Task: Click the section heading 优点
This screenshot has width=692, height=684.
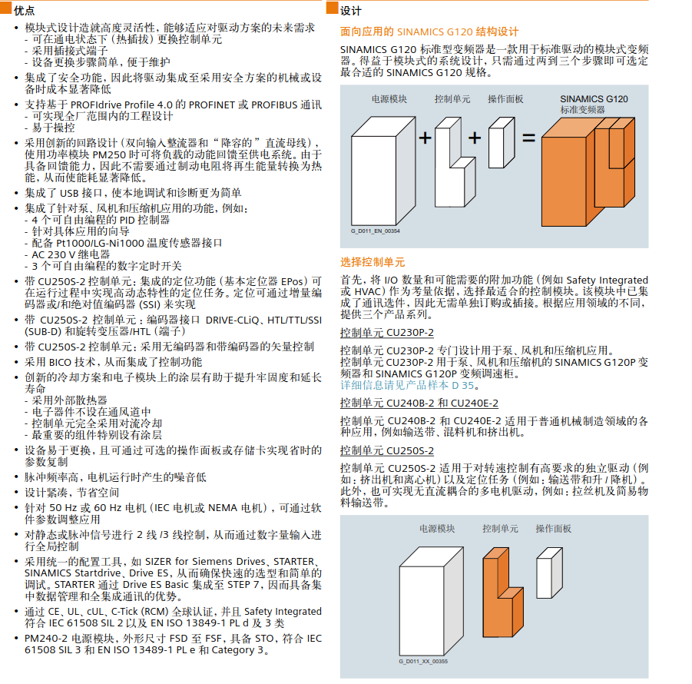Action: (25, 11)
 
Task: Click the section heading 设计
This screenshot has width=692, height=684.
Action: (351, 11)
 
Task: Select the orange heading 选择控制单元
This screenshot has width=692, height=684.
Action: (372, 262)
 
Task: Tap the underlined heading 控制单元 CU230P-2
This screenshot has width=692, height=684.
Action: (387, 333)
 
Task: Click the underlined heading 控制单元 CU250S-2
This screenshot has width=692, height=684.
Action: (387, 451)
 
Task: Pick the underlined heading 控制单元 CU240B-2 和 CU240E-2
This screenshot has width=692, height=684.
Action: (419, 403)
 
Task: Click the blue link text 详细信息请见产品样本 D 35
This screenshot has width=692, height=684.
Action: (407, 385)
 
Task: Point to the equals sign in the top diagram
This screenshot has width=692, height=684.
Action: (528, 138)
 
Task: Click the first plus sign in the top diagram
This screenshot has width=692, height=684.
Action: (425, 138)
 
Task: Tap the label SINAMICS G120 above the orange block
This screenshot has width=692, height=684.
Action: (594, 99)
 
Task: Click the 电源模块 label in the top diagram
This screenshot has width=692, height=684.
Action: (389, 99)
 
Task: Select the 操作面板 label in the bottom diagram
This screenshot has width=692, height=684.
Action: (554, 529)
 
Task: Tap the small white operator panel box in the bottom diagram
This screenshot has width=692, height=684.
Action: (548, 573)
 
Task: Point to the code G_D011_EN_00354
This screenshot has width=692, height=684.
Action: (376, 231)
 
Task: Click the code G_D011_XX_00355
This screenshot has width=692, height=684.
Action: (423, 662)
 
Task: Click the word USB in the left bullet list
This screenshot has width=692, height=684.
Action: (69, 194)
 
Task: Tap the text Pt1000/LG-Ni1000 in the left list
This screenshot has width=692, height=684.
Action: (100, 244)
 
